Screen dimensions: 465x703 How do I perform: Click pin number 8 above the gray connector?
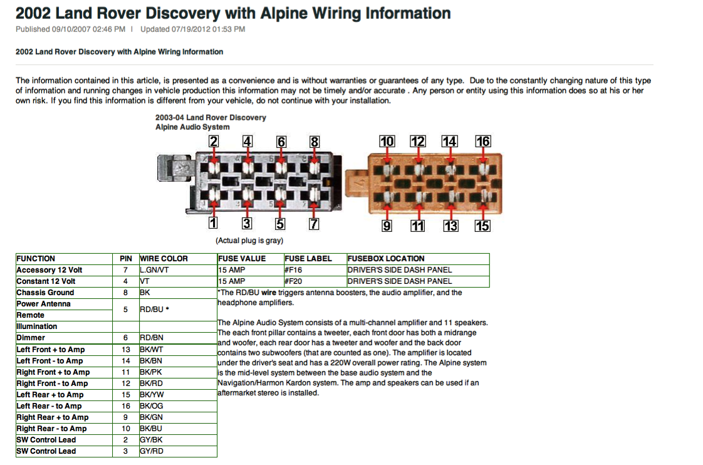(315, 142)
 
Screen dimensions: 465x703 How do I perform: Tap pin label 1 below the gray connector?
(213, 222)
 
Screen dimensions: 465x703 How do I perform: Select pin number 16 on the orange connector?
(482, 141)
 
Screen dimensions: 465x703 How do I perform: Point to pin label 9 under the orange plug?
(387, 226)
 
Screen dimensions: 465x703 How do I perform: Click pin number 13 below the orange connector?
(450, 226)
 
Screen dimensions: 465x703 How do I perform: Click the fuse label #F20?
(294, 281)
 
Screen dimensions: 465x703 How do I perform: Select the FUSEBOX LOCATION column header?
(386, 259)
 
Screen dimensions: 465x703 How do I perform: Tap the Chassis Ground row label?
(45, 293)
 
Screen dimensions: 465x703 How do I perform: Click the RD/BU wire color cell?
(154, 310)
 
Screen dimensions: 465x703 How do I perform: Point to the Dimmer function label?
(31, 338)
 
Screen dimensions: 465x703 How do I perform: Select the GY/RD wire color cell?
(151, 451)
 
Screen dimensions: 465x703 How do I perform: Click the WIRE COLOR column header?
(164, 259)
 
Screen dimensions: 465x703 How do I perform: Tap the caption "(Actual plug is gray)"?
(249, 241)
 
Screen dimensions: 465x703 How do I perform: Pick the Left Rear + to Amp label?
(50, 395)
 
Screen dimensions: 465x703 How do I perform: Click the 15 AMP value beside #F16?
(232, 270)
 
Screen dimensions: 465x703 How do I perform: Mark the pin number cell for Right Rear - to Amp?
(125, 429)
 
